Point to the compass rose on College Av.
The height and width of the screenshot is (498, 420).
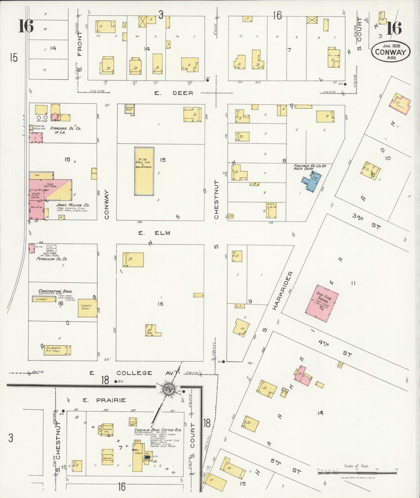click(x=169, y=389)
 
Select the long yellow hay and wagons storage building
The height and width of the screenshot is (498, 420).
click(x=144, y=171)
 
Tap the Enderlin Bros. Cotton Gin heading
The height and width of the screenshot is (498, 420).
click(x=158, y=430)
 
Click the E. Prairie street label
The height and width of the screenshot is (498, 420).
click(x=104, y=400)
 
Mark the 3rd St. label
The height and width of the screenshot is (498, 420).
click(x=366, y=221)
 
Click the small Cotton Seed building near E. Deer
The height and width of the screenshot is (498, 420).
click(x=130, y=109)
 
